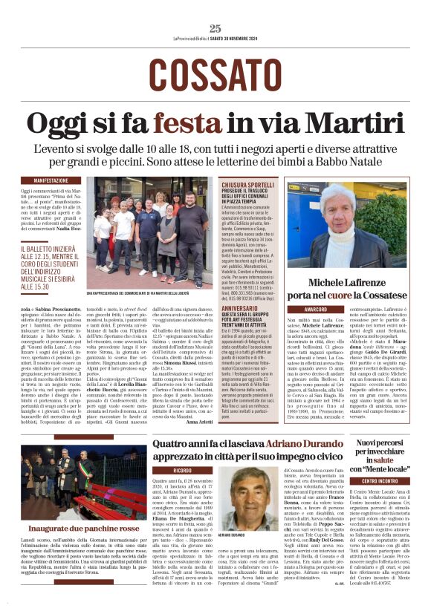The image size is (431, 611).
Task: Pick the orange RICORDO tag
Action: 182,471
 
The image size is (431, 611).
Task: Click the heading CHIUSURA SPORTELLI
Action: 247,183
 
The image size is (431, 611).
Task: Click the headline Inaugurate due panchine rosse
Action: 84,528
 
